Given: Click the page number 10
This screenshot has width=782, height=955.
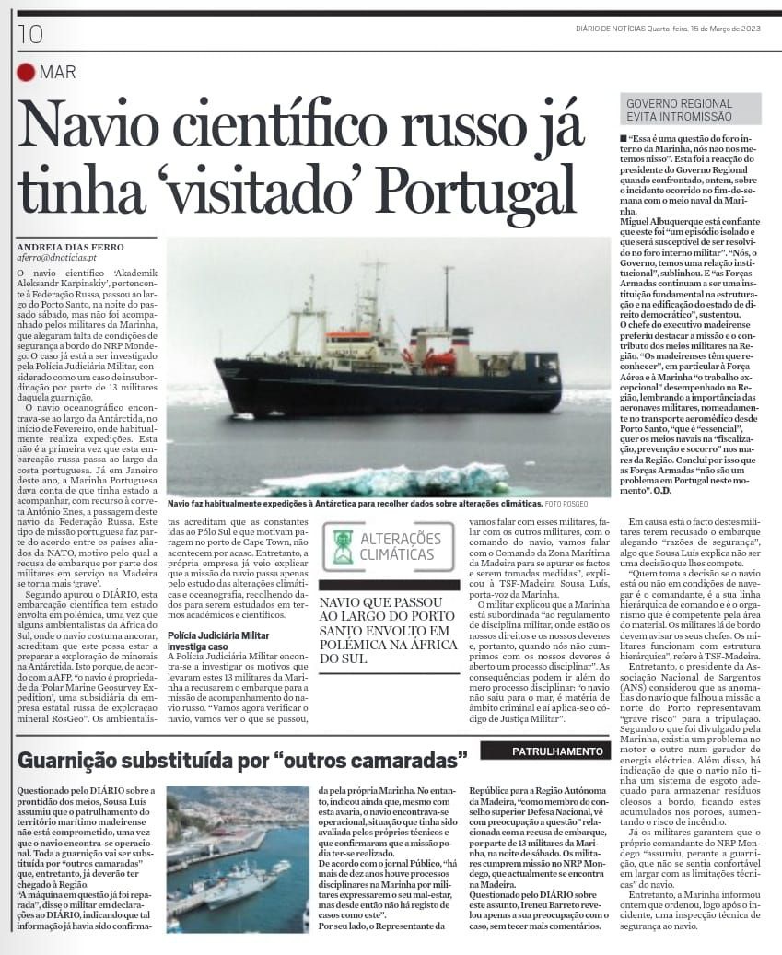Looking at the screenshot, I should point(30,34).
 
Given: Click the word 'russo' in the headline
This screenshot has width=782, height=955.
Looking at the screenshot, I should point(424,123).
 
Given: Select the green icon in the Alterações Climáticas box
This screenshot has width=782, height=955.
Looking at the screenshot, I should point(343,546).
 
